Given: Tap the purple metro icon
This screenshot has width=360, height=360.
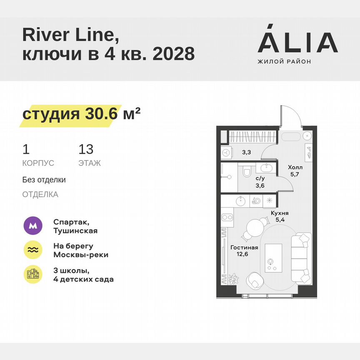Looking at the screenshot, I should tap(32, 226).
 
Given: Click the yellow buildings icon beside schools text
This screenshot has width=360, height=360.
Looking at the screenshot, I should tap(32, 274).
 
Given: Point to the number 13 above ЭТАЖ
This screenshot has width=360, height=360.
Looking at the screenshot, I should tap(86, 149).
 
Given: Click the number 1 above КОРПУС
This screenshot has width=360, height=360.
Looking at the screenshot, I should tap(26, 149).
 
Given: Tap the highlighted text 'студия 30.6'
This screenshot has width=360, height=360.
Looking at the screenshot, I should tap(69, 114).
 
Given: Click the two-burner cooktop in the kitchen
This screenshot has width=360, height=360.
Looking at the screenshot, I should tap(227, 217).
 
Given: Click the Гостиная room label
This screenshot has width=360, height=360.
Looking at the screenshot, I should tap(244, 247).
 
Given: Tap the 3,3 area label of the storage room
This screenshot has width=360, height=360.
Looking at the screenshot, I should tap(246, 152).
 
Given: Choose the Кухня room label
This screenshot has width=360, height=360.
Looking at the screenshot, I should tap(280, 213).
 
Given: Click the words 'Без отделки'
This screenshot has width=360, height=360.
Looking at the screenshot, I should tap(44, 180).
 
